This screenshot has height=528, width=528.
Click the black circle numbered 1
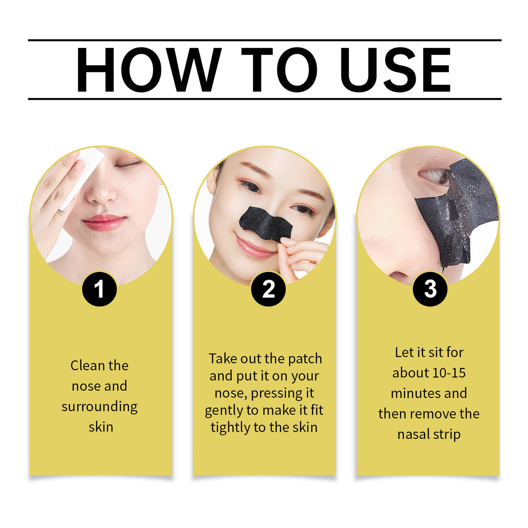(99, 289)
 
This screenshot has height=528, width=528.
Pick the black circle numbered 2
(268, 289)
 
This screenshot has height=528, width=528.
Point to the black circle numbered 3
(430, 289)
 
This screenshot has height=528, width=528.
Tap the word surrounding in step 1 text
(99, 407)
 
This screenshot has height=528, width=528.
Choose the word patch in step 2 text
(305, 359)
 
